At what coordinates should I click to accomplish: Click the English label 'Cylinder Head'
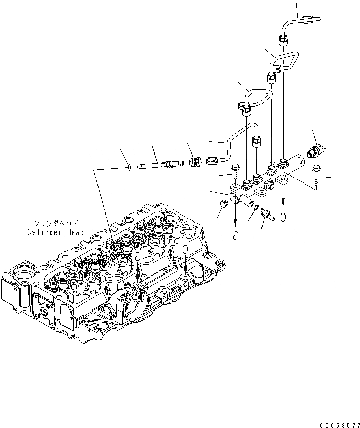coord(55,232)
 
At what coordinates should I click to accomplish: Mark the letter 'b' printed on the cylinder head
coord(186,249)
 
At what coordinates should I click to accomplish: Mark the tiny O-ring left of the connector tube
coord(130,166)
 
